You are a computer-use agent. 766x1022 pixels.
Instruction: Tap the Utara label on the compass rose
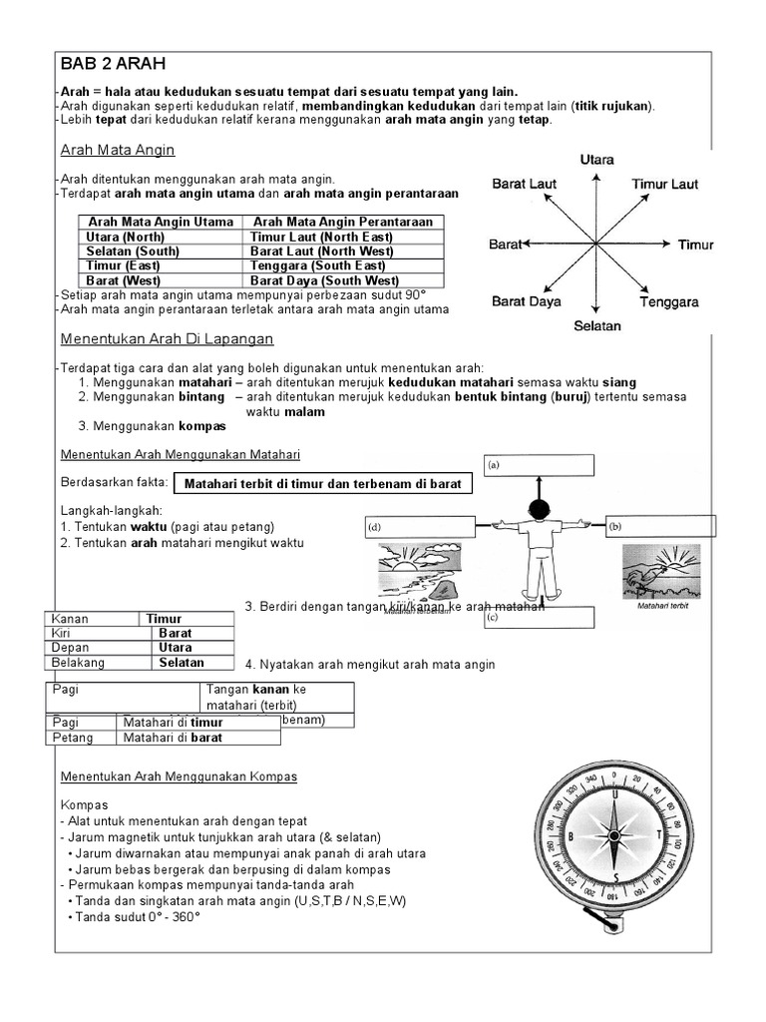596,160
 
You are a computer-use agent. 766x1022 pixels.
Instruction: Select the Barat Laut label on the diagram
524,184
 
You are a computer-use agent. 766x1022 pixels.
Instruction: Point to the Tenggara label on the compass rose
669,301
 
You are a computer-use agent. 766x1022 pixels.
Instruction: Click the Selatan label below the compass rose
596,325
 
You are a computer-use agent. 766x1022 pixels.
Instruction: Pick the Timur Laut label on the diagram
664,184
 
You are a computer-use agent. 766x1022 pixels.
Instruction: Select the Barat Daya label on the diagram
525,301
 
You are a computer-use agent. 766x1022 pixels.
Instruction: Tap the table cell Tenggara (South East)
317,266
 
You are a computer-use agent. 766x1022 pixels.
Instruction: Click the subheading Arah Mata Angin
118,150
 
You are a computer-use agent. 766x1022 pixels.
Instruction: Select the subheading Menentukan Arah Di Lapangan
168,339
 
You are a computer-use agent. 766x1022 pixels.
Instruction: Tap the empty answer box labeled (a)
540,466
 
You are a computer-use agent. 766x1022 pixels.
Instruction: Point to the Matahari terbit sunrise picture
654,573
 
